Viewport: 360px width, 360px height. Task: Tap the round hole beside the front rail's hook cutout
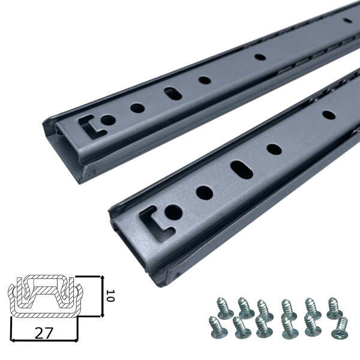tap(173, 211)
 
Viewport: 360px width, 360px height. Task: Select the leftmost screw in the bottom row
tap(217, 326)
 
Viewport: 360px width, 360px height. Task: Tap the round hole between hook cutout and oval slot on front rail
tap(204, 193)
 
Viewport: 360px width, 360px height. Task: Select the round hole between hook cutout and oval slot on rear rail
tap(137, 109)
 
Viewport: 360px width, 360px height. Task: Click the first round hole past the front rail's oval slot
tap(274, 149)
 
